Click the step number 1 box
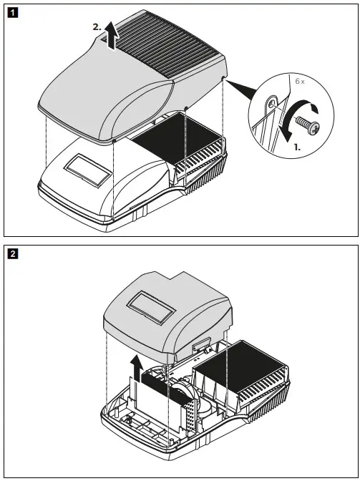pos(12,13)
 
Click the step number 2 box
pos(12,253)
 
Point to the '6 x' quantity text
pos(298,84)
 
